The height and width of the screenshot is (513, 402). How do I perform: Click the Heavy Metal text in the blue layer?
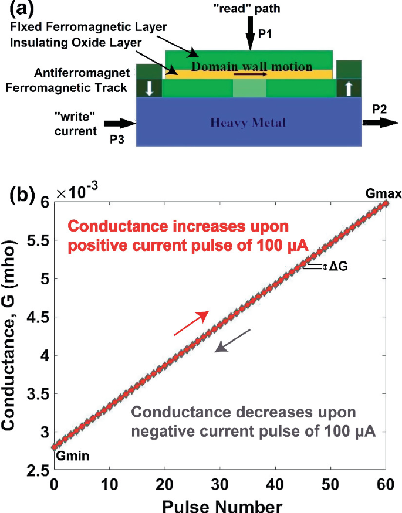tap(248, 123)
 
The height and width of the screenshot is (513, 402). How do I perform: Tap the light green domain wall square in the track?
tap(249, 89)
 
